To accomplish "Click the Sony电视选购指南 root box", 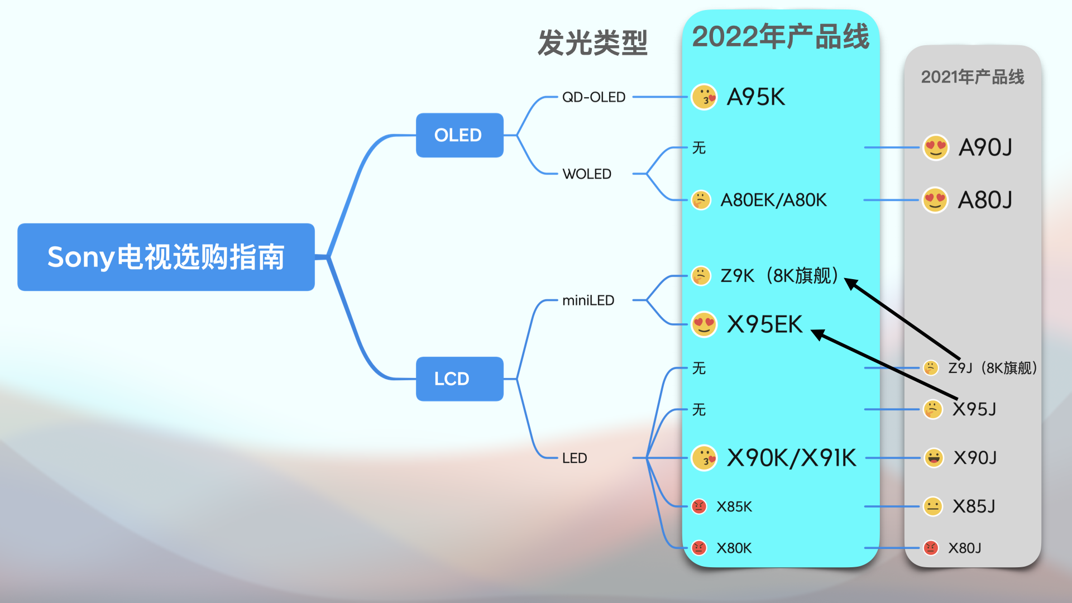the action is coord(166,257).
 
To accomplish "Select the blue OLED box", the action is coord(460,135).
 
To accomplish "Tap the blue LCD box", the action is coord(460,379).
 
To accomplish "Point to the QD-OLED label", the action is coord(594,97).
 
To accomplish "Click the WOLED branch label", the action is coord(587,174).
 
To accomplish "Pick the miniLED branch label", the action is coord(588,300).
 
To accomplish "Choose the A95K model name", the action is coord(756,97).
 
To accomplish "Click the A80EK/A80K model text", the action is coord(773,200).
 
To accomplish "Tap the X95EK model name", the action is coord(764,324).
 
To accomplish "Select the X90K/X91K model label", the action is coord(791,458).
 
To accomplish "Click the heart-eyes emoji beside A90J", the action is coord(936,147).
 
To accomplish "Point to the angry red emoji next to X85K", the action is coord(699,506).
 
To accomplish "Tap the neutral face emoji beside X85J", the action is coord(932,506).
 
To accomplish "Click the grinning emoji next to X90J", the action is coord(934,458).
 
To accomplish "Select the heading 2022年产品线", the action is coord(781,37).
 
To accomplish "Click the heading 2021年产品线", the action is coord(973,77).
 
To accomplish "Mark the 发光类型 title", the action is coord(592,43).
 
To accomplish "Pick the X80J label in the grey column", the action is coord(965,548).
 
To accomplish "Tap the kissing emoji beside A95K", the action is coord(705,97).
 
